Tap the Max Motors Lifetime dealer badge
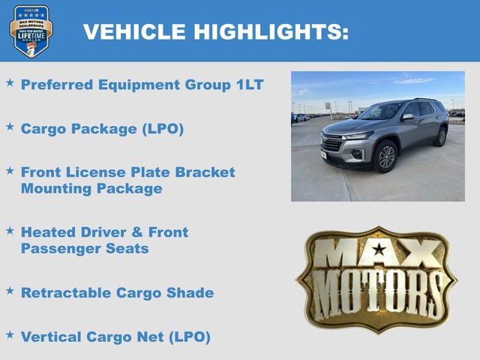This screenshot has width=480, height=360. pyautogui.click(x=31, y=31)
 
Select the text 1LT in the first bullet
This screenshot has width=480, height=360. pyautogui.click(x=247, y=84)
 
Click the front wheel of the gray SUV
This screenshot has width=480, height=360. pyautogui.click(x=386, y=156)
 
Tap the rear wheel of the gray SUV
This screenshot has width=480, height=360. pyautogui.click(x=441, y=136)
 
